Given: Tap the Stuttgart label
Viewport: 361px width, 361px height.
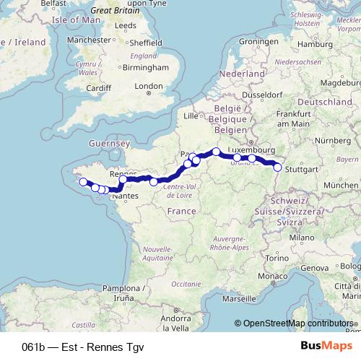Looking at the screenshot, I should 302,170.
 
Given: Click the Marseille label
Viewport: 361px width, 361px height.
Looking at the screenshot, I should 239,297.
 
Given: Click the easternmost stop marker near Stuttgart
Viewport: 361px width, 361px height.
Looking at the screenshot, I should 277,168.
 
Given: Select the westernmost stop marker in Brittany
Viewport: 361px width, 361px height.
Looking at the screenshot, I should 83,182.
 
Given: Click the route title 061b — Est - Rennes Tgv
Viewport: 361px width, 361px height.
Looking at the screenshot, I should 83,346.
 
